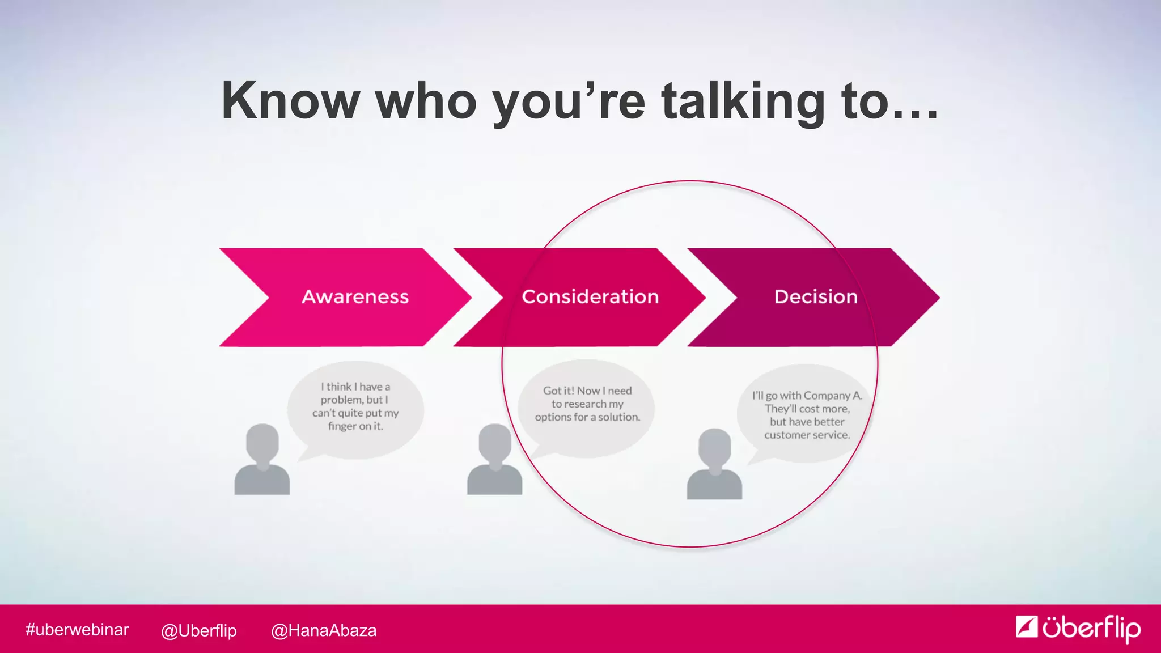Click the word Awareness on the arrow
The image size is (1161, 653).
355,296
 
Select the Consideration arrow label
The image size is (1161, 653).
590,296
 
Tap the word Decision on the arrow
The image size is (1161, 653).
816,296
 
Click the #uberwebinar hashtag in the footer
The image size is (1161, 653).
77,630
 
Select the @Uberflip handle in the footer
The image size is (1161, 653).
198,630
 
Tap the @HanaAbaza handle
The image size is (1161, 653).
324,630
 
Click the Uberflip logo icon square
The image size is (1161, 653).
1027,627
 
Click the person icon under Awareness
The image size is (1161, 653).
262,460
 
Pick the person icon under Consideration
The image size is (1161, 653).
494,460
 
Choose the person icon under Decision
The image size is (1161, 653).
714,465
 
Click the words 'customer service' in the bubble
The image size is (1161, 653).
807,435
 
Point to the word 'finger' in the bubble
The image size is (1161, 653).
342,426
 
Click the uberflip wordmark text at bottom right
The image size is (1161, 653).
1091,628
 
